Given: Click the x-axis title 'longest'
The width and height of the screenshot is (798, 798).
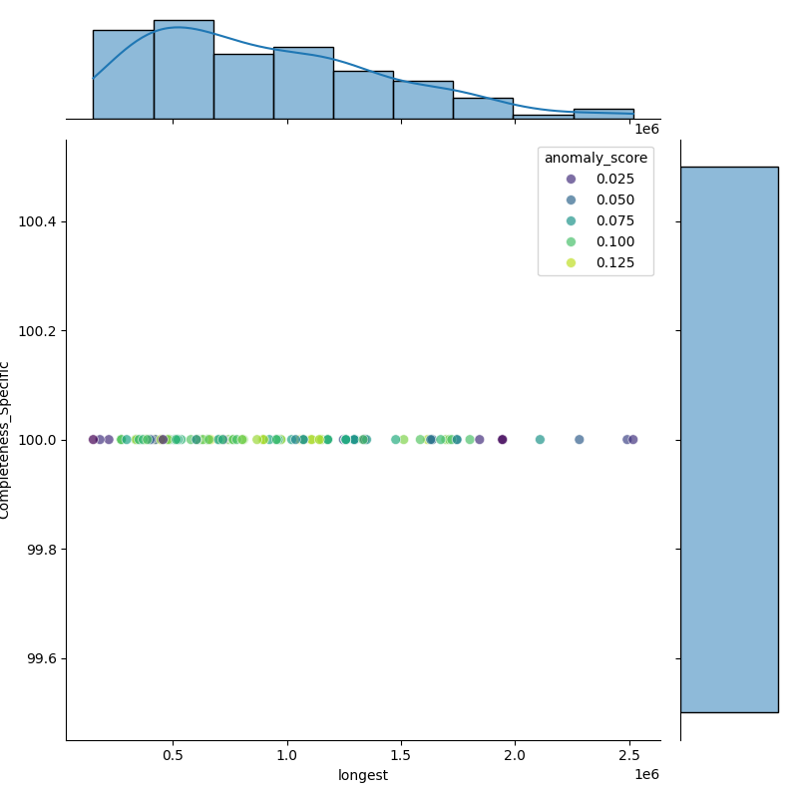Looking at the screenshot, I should click(363, 775).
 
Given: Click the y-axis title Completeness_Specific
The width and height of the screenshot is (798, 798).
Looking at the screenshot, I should click(6, 440).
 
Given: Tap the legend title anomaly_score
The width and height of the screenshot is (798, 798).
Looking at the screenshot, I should click(596, 158).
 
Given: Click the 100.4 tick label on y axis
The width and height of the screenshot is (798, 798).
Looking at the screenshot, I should click(38, 221).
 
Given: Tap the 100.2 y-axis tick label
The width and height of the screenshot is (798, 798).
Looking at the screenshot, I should click(38, 331).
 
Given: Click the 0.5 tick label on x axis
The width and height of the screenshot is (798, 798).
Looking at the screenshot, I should click(174, 756).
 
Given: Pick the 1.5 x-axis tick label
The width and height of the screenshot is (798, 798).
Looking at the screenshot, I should click(402, 756).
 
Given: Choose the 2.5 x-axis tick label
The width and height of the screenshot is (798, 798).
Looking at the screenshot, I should click(629, 756).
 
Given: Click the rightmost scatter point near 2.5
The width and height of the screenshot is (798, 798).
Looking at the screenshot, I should click(632, 440).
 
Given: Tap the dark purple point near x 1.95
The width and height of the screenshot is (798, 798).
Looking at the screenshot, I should click(502, 440).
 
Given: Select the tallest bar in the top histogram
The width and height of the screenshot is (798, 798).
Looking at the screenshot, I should click(184, 70).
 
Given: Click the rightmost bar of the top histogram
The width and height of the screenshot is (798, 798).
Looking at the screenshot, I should click(603, 114).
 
